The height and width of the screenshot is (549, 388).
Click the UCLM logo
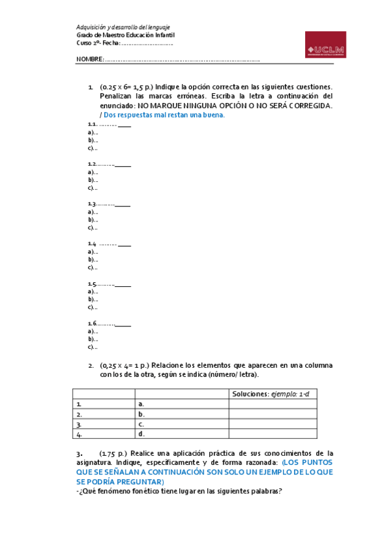point(326,49)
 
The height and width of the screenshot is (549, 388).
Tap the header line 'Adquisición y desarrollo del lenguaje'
point(123,27)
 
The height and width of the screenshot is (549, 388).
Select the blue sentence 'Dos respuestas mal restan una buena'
point(164,115)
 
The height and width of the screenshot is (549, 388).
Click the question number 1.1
point(93,124)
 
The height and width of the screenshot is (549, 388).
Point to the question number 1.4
point(93,244)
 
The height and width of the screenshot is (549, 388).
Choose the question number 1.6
point(93,324)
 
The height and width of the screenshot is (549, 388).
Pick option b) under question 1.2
point(92,180)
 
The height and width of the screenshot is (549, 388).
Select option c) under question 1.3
point(92,228)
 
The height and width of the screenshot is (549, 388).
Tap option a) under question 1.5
point(92,291)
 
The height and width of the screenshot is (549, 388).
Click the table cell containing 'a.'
point(181,404)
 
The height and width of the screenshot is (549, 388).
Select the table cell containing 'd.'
point(181,434)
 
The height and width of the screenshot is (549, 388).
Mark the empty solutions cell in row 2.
point(273,414)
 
